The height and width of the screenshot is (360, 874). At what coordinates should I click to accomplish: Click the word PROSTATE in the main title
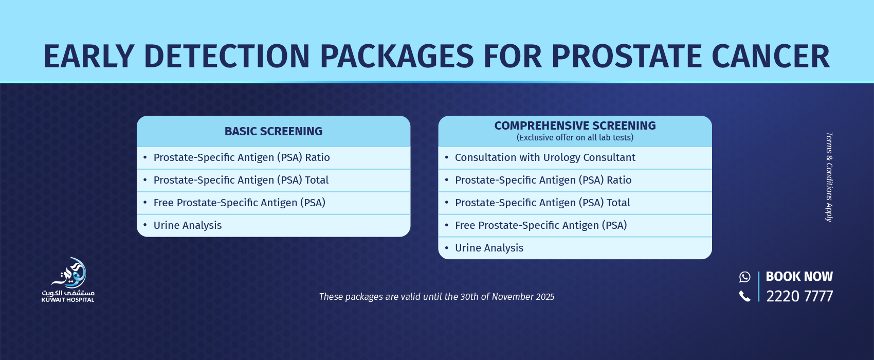[626, 56]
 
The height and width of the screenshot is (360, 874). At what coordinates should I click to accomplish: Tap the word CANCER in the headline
[771, 56]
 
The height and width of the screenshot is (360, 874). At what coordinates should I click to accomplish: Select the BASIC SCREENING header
[274, 131]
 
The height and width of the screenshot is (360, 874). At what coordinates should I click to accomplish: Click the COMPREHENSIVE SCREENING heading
[575, 125]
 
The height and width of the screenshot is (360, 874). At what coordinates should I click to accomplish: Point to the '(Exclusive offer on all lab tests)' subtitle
[575, 137]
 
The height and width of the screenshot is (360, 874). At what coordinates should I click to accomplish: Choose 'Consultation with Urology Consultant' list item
[545, 157]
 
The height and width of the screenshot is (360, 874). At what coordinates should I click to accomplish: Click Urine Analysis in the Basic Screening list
[187, 225]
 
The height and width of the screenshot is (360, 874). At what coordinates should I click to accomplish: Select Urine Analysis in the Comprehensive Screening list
[489, 248]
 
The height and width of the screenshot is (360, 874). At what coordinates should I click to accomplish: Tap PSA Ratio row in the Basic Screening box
[242, 157]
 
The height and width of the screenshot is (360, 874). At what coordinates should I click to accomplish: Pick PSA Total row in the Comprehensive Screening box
[542, 203]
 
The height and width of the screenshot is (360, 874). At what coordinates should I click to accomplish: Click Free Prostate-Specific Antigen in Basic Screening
[239, 203]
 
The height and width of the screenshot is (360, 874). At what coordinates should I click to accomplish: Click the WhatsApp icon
[744, 277]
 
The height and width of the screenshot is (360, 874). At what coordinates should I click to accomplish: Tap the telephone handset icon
[744, 296]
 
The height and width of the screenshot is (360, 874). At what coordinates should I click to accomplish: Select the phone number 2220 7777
[799, 296]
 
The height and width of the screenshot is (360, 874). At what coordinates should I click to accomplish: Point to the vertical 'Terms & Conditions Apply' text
[829, 177]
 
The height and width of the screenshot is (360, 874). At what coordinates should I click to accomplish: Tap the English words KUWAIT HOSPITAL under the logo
[68, 300]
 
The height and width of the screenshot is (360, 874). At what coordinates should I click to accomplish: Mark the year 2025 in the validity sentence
[545, 297]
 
